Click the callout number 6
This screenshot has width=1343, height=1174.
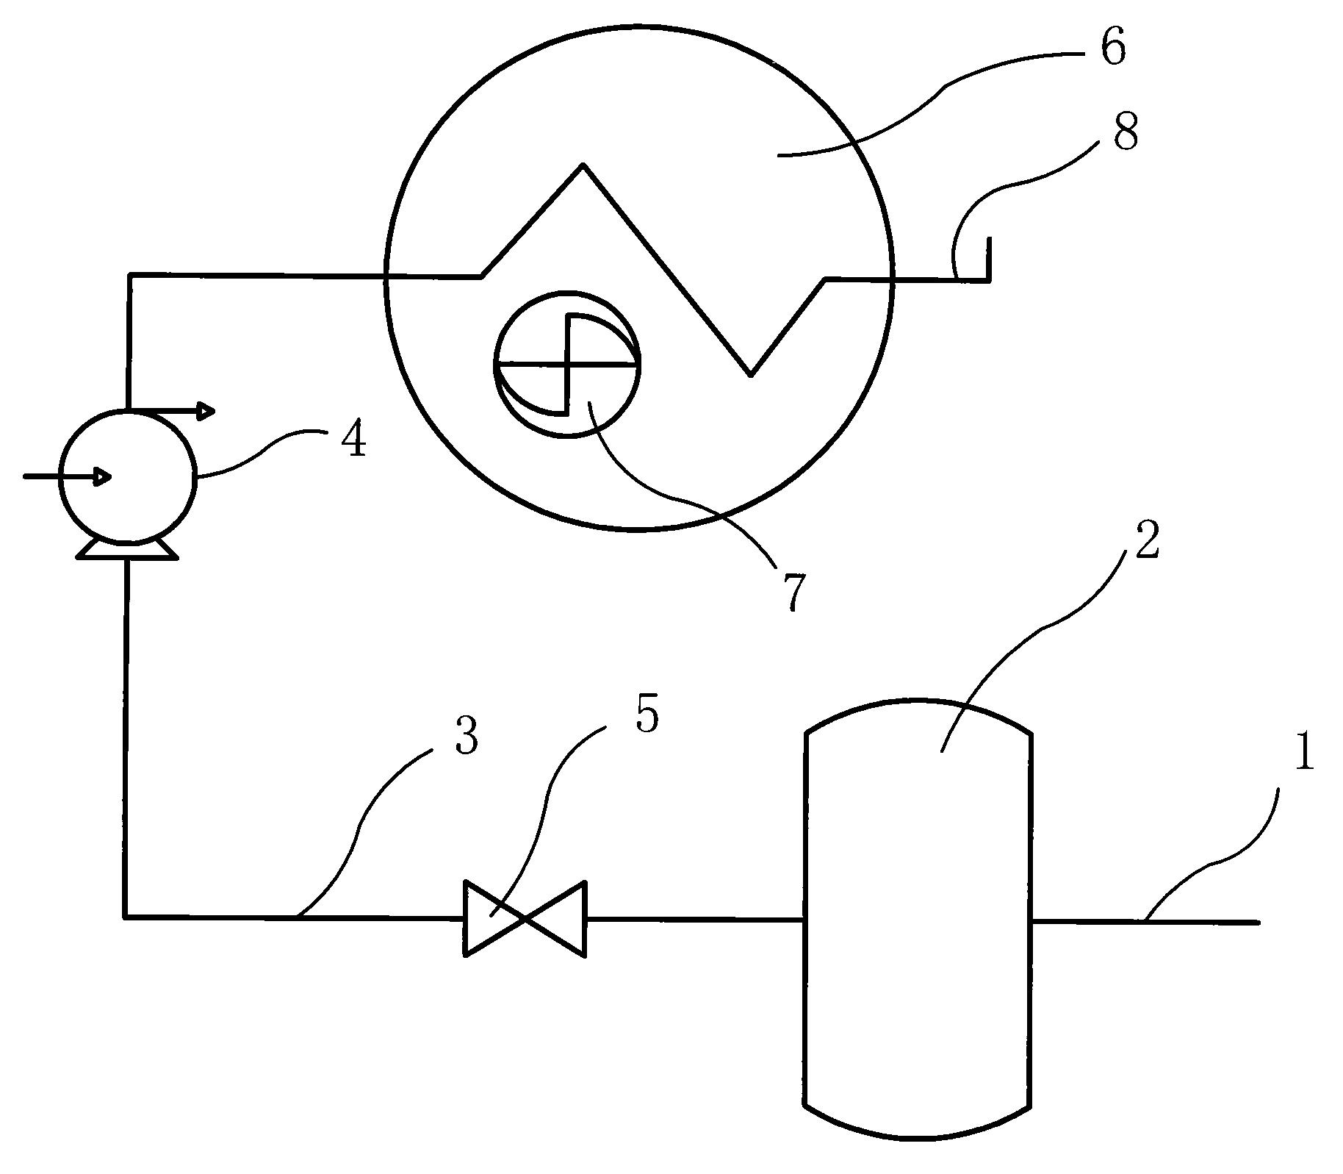point(1112,49)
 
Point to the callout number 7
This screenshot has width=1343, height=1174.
point(793,593)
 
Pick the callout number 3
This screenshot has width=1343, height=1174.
point(467,736)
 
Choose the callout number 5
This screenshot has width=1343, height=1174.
point(647,714)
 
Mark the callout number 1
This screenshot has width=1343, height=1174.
point(1303,754)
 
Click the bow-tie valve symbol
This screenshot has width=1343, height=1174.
point(524,919)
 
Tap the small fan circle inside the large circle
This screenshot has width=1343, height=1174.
point(567,364)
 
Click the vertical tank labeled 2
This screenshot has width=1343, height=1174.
point(918,919)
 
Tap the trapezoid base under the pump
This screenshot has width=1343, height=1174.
point(127,548)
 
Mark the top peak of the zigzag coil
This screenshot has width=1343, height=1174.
point(583,165)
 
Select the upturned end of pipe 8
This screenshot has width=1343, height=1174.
point(988,257)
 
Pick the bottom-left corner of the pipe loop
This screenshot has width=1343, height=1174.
point(126,916)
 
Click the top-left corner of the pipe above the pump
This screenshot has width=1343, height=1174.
point(130,276)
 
